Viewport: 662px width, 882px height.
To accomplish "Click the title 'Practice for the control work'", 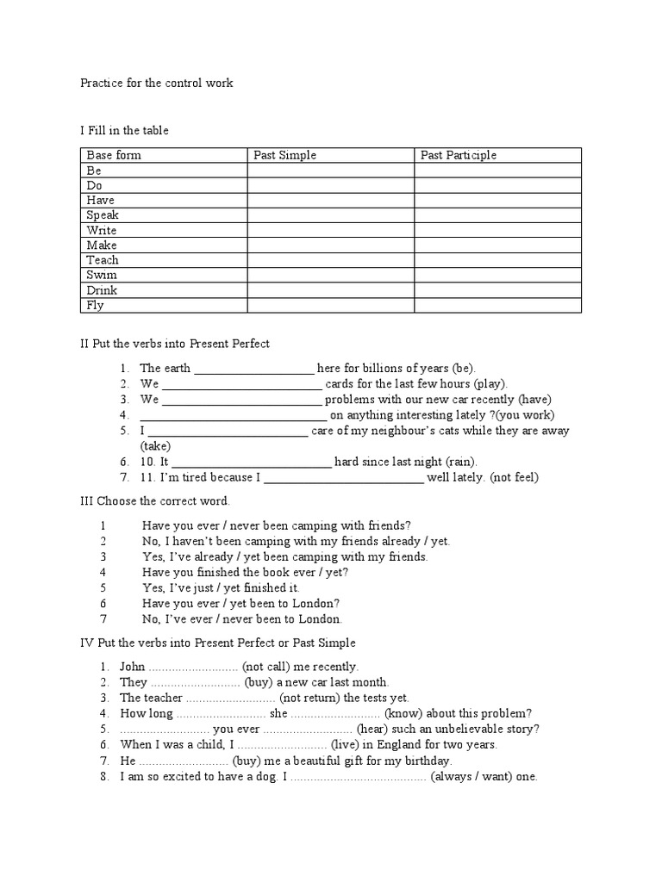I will (157, 84).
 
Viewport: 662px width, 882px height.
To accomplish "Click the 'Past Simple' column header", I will (284, 155).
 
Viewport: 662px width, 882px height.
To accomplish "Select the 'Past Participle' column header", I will (459, 155).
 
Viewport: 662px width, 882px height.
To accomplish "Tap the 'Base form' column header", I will (114, 155).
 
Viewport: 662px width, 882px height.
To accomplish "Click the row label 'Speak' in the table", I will (103, 215).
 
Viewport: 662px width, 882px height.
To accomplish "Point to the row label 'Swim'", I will (102, 275).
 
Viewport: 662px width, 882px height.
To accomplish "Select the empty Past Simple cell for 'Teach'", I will (330, 260).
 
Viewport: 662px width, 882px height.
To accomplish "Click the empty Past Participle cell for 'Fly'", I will (497, 305).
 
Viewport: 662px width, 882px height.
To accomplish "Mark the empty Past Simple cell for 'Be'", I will (330, 171).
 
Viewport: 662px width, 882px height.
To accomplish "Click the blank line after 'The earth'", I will (254, 369).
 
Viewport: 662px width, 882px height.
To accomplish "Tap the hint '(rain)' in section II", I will (461, 462).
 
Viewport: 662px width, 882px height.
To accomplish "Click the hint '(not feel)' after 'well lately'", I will (515, 477).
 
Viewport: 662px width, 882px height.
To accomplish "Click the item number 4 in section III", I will (103, 572).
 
